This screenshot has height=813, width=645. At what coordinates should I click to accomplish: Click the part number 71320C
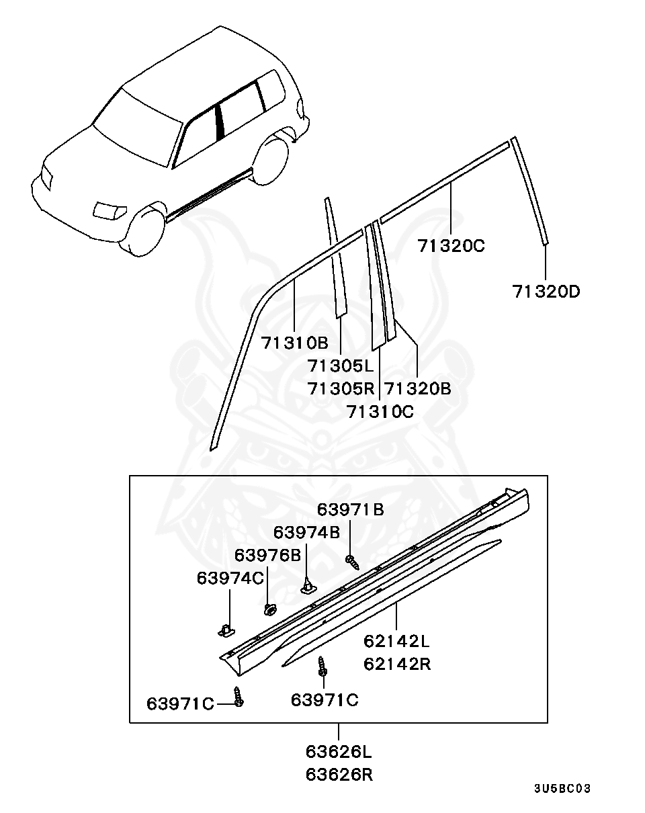tap(451, 246)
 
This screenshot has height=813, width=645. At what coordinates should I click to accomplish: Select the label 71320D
tap(546, 292)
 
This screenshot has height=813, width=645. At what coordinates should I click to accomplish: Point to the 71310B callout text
tap(294, 343)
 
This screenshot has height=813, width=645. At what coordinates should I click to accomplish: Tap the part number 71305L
tap(340, 366)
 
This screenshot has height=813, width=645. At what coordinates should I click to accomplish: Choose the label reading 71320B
tap(417, 388)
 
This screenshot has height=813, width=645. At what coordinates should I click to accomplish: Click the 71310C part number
tap(380, 411)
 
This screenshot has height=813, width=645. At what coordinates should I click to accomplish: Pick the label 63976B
tap(267, 556)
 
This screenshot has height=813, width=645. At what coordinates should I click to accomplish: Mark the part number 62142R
tap(397, 664)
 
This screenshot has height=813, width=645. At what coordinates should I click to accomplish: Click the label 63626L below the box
tap(339, 751)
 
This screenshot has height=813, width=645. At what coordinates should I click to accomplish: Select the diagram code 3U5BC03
tap(562, 788)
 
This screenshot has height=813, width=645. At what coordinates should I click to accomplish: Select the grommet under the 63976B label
tap(270, 609)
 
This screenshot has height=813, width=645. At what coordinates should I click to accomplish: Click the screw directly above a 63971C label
tap(322, 667)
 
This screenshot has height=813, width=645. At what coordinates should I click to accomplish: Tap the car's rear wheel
tap(273, 159)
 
